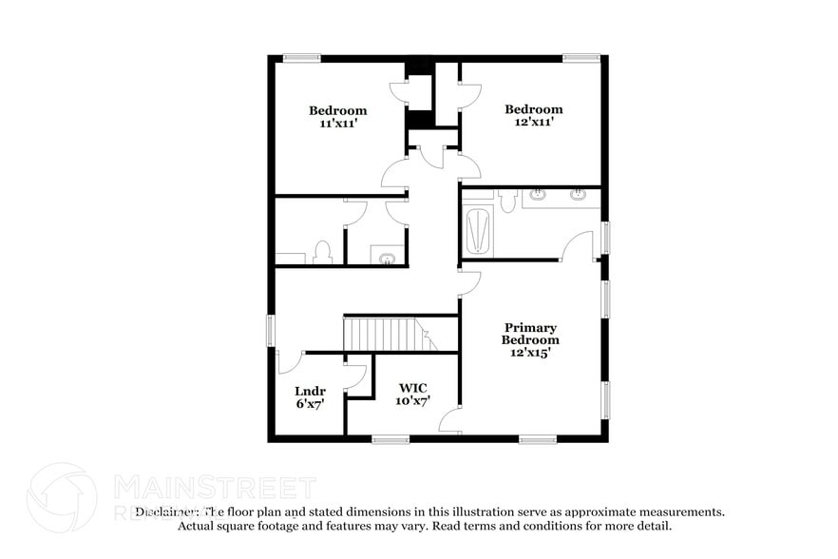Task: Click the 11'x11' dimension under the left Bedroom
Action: [337, 124]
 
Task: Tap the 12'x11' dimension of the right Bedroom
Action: [533, 122]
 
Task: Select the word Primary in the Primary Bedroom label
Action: [530, 328]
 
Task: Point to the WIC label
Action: [412, 388]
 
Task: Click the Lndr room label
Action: [311, 391]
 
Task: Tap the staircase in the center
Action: [380, 335]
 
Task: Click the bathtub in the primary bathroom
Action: [478, 233]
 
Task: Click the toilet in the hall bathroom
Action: [322, 252]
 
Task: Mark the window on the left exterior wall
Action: [270, 330]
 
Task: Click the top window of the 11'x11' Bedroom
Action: [301, 58]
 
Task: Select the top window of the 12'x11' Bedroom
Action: [581, 58]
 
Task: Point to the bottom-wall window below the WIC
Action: [390, 438]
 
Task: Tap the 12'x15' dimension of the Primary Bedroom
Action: [530, 352]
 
